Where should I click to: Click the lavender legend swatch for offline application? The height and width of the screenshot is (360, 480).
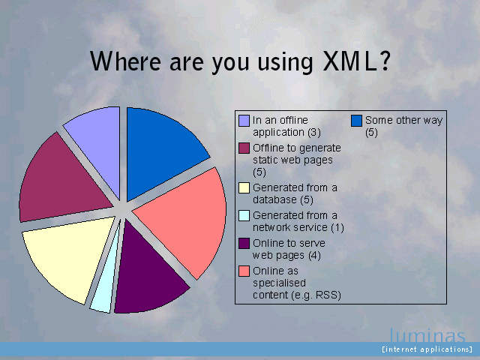tap(244, 121)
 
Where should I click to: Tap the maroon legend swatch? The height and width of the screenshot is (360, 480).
tap(244, 148)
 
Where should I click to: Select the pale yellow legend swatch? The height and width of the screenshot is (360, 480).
tap(244, 187)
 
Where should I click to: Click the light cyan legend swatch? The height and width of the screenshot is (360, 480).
tap(244, 215)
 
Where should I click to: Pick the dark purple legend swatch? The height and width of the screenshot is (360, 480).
tap(244, 243)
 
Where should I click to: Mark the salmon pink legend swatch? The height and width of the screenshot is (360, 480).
tap(244, 271)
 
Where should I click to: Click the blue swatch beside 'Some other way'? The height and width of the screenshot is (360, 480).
tap(357, 121)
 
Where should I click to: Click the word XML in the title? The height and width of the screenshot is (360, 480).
tap(350, 61)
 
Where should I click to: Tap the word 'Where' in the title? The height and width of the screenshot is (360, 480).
tap(125, 61)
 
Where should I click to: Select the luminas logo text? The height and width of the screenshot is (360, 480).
tap(427, 335)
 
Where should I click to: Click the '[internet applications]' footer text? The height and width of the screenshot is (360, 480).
tap(427, 349)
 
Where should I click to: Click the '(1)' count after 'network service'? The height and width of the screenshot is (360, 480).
tap(337, 228)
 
